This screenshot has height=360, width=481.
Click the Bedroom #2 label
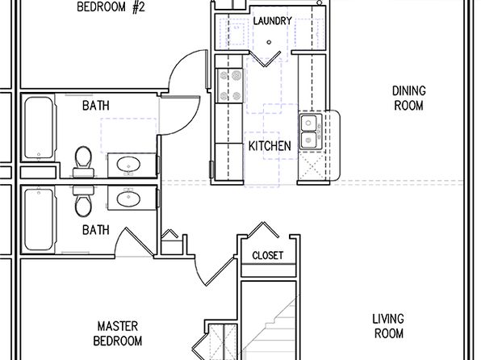click(111, 6)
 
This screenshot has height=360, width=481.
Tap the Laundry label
click(273, 21)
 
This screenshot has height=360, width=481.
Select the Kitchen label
click(270, 146)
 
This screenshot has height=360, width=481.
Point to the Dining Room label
click(408, 98)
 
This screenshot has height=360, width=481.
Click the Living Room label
click(388, 326)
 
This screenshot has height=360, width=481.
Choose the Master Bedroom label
click(118, 333)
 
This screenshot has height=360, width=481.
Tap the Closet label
click(267, 255)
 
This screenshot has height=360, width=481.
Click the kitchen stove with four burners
click(230, 86)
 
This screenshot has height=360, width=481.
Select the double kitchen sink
click(311, 132)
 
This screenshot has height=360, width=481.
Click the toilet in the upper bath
click(83, 161)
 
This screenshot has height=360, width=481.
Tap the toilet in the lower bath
click(83, 201)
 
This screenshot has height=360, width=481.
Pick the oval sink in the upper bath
click(128, 164)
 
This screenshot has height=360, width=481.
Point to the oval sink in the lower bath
click(128, 199)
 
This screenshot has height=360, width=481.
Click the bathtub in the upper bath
click(40, 128)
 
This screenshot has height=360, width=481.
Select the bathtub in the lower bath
click(40, 220)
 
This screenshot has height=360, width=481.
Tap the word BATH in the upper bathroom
click(96, 106)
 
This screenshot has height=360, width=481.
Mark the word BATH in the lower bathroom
click(96, 230)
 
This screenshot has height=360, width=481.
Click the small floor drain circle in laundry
click(269, 42)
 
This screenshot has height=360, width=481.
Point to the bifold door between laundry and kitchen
click(265, 58)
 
